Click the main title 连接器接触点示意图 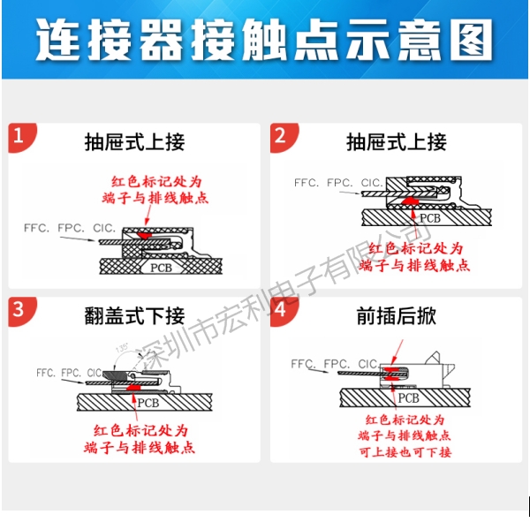[265, 41]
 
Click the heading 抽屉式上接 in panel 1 [134, 142]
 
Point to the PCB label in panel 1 [161, 267]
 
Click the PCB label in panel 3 [151, 402]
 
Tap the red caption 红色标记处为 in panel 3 [141, 431]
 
